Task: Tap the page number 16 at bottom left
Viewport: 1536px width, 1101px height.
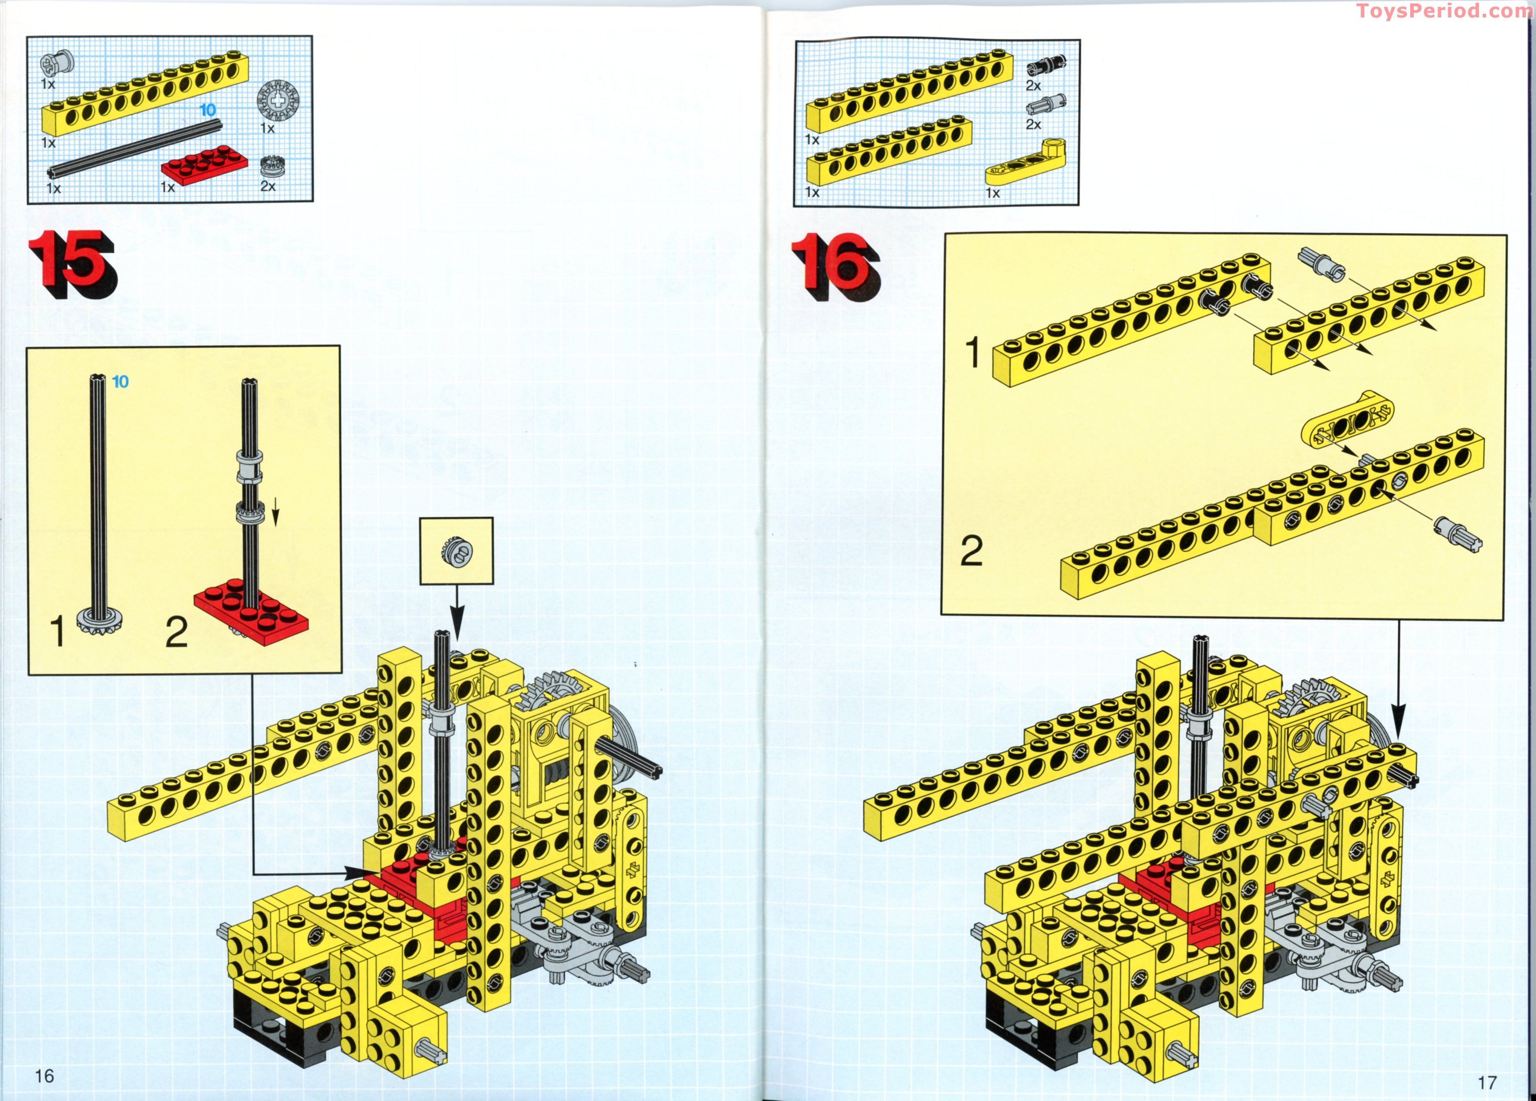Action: pyautogui.click(x=44, y=1075)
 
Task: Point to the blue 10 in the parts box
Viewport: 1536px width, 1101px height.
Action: pyautogui.click(x=207, y=110)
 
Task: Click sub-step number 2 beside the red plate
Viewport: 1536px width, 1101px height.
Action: pyautogui.click(x=177, y=633)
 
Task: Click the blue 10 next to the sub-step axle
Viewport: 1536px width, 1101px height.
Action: pyautogui.click(x=120, y=382)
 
